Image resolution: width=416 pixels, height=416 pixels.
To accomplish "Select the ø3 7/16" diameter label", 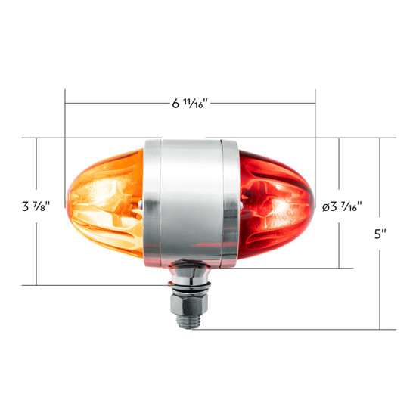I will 342,206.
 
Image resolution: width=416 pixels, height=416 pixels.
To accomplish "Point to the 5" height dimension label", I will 380,234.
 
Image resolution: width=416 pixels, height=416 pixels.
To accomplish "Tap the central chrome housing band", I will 191,200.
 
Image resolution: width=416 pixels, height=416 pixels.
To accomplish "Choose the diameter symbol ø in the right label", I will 325,206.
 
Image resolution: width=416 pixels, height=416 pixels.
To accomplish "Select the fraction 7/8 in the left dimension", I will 44,206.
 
